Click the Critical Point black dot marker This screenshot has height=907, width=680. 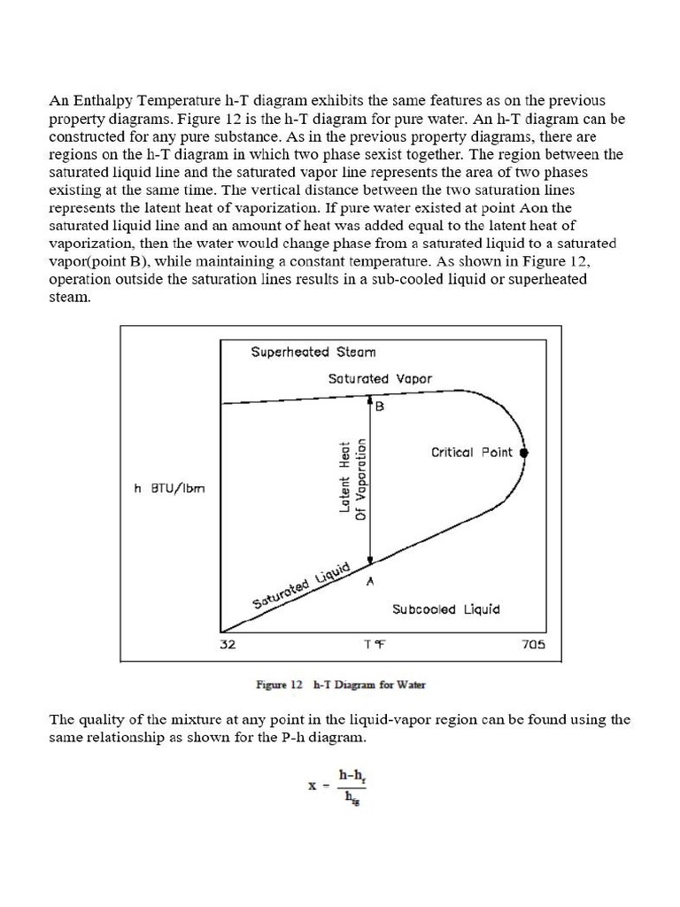coord(524,452)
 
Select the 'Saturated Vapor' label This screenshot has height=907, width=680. coord(380,378)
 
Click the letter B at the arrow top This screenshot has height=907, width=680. coord(380,407)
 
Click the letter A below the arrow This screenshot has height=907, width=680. coord(370,581)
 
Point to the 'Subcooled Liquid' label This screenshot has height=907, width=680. coord(445,609)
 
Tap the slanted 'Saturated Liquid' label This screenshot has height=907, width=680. coord(302,585)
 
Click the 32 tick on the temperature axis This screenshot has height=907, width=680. coord(228,645)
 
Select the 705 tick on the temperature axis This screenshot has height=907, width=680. coord(535,645)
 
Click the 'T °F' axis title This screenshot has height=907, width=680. coord(375,645)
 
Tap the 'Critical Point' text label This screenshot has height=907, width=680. coord(471,452)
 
